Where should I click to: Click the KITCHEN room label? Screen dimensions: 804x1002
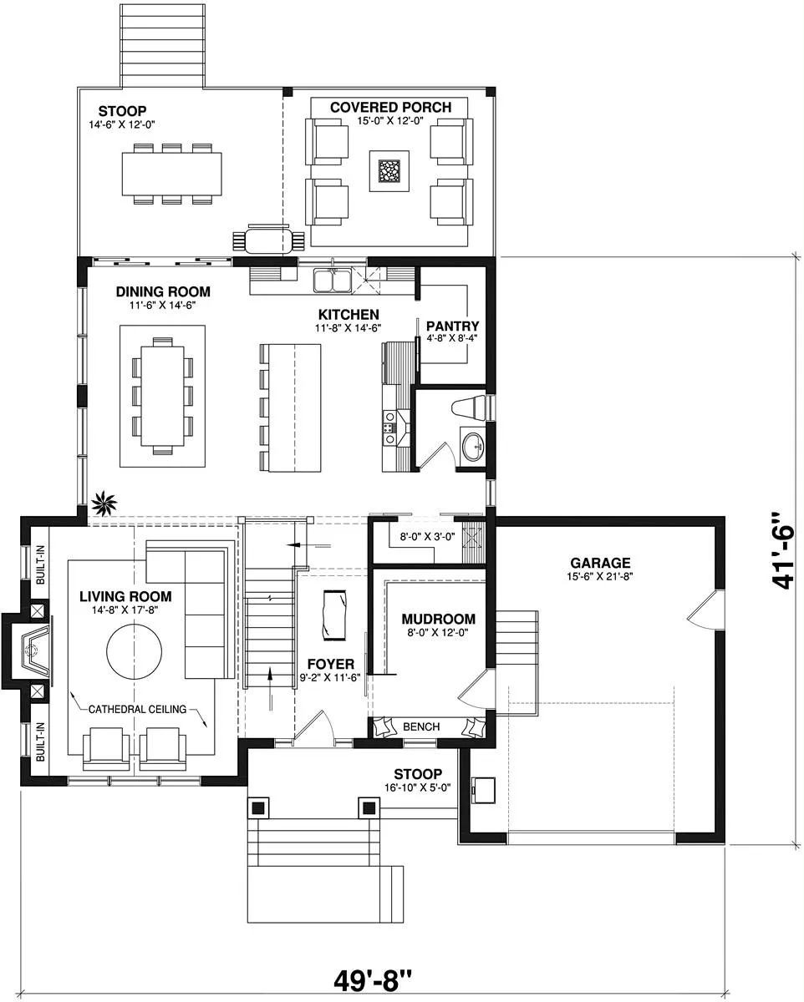[349, 314]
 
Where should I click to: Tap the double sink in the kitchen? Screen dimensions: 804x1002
[332, 281]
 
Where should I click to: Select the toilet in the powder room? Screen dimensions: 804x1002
[470, 407]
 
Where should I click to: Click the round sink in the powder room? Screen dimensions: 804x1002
[472, 446]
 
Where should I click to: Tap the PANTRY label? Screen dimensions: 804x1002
[452, 326]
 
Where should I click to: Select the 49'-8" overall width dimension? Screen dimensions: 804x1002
[373, 979]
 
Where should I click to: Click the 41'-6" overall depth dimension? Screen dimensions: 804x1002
[782, 557]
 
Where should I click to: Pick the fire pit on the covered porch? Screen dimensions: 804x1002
[389, 171]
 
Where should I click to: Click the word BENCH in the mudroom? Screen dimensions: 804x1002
[421, 726]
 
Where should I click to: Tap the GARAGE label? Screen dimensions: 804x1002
[600, 563]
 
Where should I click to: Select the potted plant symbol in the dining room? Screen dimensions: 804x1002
[104, 503]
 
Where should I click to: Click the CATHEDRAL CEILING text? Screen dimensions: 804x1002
[137, 709]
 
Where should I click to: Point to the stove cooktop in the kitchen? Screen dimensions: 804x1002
[389, 428]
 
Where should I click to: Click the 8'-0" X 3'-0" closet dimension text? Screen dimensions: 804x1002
[427, 536]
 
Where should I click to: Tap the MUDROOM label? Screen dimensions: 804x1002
[438, 619]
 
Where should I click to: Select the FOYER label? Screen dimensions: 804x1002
[330, 664]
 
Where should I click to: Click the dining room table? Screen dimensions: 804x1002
[162, 395]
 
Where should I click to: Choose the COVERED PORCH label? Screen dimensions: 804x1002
[390, 108]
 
